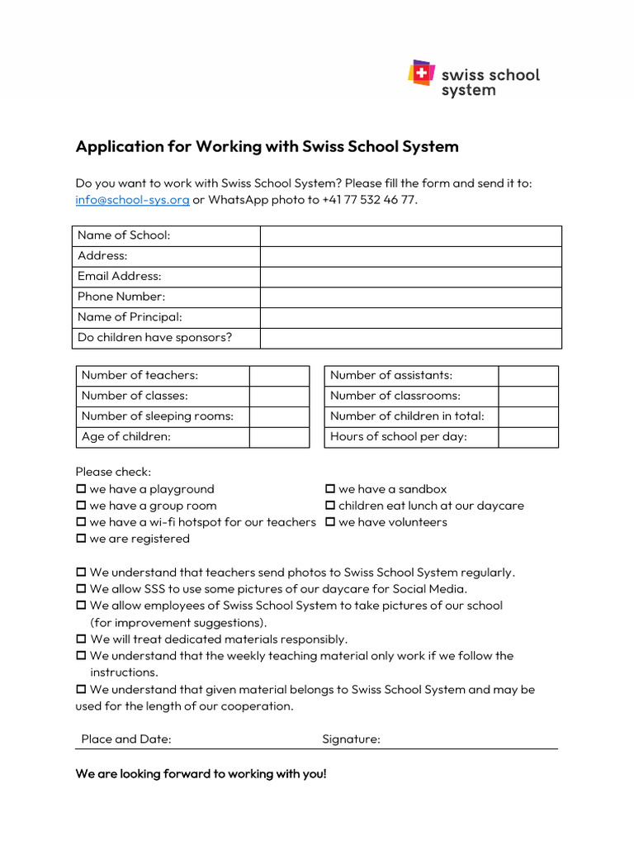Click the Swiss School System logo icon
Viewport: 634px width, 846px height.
pyautogui.click(x=421, y=73)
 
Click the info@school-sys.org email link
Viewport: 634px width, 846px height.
pyautogui.click(x=132, y=200)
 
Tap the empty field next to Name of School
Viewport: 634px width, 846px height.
pyautogui.click(x=410, y=235)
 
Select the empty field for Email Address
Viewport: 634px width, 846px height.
pyautogui.click(x=410, y=276)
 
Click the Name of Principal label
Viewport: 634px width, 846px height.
pyautogui.click(x=130, y=317)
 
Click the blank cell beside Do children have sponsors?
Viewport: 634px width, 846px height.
pyautogui.click(x=410, y=338)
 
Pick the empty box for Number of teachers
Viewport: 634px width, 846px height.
pyautogui.click(x=279, y=376)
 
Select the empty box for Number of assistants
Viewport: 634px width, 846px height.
pyautogui.click(x=528, y=376)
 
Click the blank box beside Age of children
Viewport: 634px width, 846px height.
pyautogui.click(x=279, y=437)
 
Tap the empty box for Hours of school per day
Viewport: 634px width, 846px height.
pyautogui.click(x=528, y=437)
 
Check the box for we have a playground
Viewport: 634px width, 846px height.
pyautogui.click(x=81, y=489)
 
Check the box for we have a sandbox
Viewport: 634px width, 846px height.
pyautogui.click(x=330, y=489)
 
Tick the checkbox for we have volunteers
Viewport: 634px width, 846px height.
pyautogui.click(x=330, y=522)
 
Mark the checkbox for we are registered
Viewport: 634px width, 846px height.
pyautogui.click(x=81, y=539)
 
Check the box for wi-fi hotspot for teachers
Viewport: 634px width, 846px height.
pyautogui.click(x=81, y=522)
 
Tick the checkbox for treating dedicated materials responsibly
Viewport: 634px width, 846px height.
pyautogui.click(x=81, y=639)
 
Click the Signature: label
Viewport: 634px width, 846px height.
pyautogui.click(x=351, y=739)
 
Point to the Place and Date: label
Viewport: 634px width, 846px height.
pyautogui.click(x=126, y=739)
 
